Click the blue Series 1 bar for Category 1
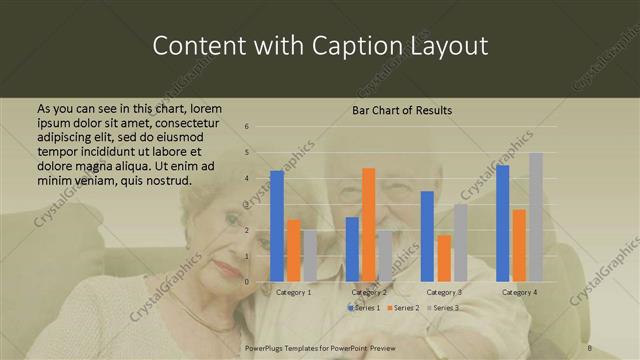tap(277, 226)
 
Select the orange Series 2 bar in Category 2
tap(368, 225)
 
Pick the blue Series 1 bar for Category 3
tap(427, 236)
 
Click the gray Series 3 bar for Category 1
tap(309, 256)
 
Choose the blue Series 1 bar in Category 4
tap(502, 223)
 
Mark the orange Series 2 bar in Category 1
tap(293, 251)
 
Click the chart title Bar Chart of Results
tap(402, 109)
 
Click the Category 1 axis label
tap(293, 292)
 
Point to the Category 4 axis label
tap(519, 292)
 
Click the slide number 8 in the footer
tap(589, 347)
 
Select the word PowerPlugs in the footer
tap(266, 347)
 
